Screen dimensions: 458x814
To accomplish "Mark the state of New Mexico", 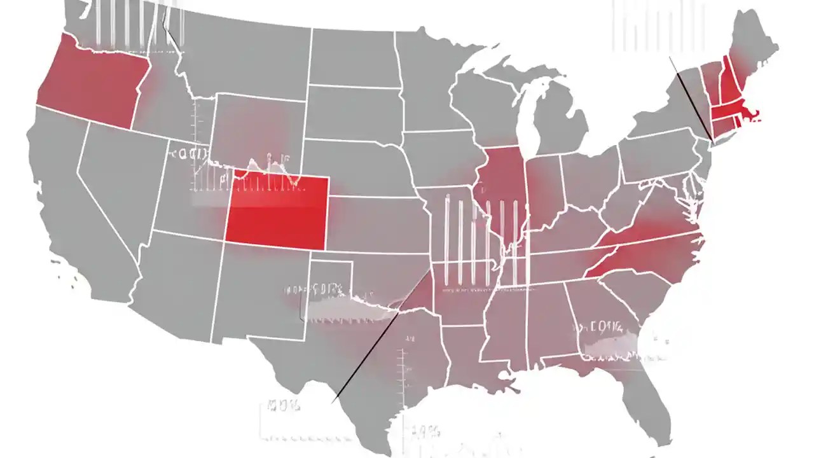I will (x=261, y=293).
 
